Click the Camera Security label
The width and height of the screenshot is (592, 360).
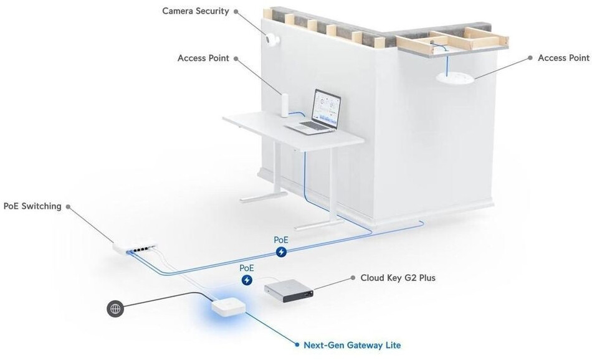click(x=195, y=11)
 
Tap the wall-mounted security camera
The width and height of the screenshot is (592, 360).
click(x=272, y=39)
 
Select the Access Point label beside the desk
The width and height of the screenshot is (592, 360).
click(x=203, y=58)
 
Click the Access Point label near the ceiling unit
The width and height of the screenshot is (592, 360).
click(x=563, y=58)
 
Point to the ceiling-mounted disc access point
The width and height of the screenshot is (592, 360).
click(x=455, y=77)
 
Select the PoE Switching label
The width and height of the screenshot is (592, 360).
click(x=32, y=206)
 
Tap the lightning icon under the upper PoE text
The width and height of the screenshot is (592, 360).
click(x=281, y=252)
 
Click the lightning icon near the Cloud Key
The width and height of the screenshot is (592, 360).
click(x=247, y=280)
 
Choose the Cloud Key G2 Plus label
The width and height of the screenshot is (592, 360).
click(x=398, y=278)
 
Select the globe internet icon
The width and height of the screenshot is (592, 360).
click(x=115, y=309)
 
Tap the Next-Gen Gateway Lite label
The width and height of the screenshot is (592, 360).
click(x=352, y=345)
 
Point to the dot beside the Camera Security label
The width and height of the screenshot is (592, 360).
click(x=236, y=11)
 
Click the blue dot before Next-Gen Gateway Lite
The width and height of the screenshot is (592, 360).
click(x=297, y=345)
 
